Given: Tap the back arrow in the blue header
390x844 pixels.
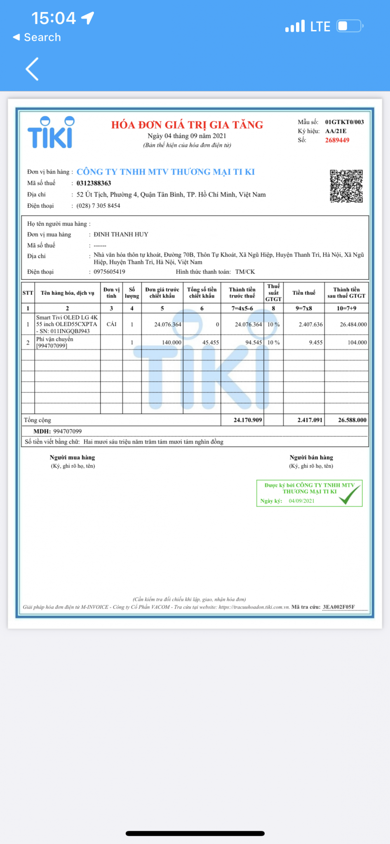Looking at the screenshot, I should pos(32,69).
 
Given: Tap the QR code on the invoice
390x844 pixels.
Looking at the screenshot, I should pos(346,186).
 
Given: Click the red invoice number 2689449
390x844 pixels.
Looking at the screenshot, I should pos(337,140).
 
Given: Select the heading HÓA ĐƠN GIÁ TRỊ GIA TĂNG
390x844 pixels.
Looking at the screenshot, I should pos(187,125).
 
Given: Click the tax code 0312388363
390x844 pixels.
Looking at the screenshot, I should pos(94,183).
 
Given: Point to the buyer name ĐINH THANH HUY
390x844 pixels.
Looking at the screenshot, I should pos(121,234).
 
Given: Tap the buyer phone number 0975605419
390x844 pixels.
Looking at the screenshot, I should pos(109,272).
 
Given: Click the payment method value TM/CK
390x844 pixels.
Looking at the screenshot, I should pos(245,272).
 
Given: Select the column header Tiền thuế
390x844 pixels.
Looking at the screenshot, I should pos(304,293).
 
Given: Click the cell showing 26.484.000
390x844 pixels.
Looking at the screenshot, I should pos(353,324).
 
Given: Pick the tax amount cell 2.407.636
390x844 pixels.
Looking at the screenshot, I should pos(310,324).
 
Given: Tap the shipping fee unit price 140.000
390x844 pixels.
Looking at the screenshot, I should pos(171,342).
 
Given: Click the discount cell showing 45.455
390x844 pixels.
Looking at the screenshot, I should pos(210,342).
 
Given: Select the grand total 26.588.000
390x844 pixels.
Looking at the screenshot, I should pos(352,420).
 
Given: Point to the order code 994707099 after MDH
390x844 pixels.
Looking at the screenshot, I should pos(67,431).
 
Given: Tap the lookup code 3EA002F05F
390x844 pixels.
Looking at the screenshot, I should pos(338,607).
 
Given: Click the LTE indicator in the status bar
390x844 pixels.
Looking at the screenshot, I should pos(320,27).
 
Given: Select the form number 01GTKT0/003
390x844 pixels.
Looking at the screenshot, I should pos(344,122).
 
